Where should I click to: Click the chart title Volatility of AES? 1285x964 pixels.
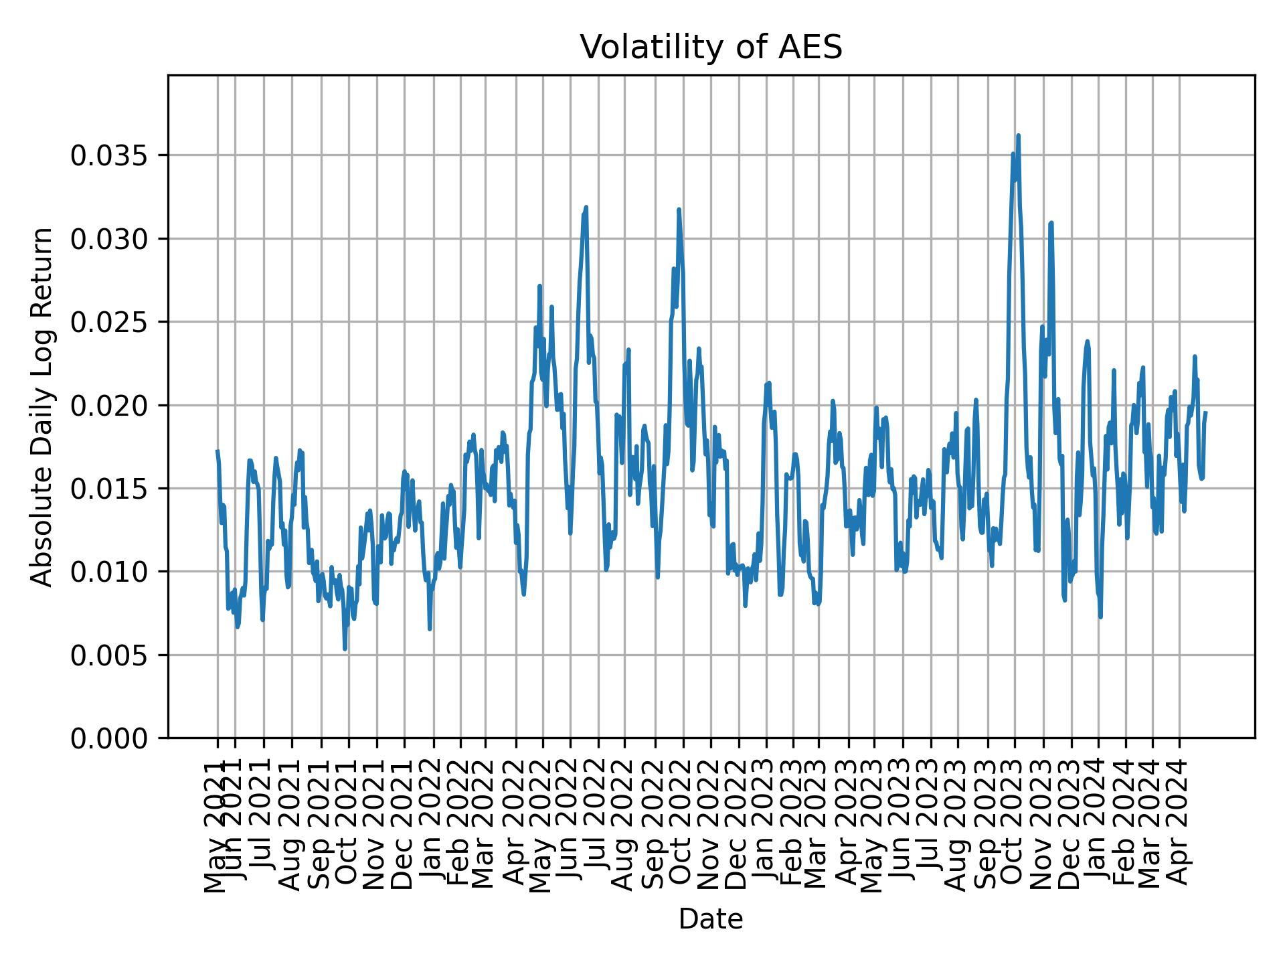711,48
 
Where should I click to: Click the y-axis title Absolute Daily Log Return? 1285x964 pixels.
43,406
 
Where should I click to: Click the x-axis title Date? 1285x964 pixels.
711,919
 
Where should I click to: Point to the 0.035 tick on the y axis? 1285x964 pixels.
109,155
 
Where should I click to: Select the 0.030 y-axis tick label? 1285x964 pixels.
109,239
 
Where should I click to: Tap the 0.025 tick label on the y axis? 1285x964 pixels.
109,322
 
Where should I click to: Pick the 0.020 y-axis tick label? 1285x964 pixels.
109,405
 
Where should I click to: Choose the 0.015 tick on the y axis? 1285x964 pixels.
109,489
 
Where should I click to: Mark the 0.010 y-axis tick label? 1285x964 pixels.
109,572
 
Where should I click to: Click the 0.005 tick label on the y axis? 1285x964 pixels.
109,655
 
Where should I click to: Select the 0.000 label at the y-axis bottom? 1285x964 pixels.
109,738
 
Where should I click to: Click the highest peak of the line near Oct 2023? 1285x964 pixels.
1018,136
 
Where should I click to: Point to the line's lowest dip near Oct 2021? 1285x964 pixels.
345,648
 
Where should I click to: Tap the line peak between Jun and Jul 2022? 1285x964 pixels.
586,208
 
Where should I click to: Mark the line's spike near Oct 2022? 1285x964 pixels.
679,210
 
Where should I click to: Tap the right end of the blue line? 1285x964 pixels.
1205,413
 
